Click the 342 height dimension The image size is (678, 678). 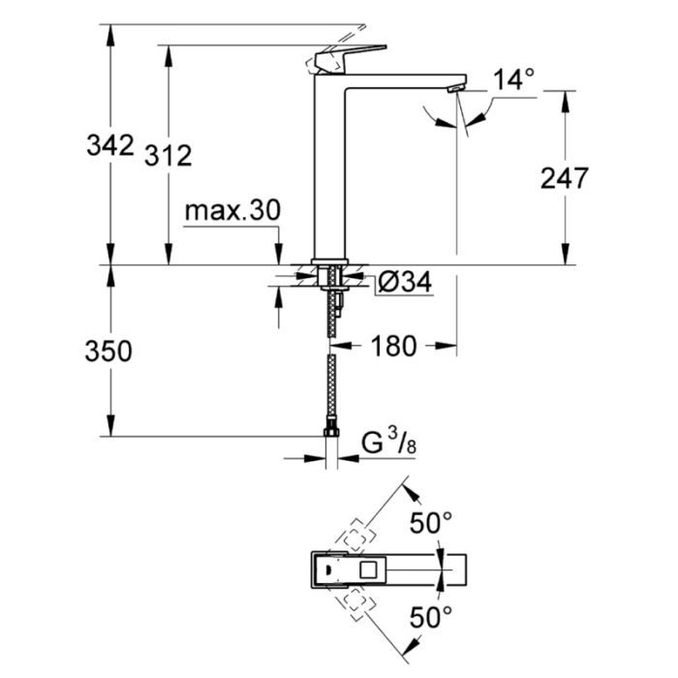click(109, 145)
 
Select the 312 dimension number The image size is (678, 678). click(169, 153)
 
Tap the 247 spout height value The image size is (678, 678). click(566, 177)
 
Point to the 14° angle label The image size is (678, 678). click(513, 80)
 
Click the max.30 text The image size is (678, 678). click(231, 210)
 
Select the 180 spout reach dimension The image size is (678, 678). click(393, 346)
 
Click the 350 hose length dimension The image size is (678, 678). click(109, 351)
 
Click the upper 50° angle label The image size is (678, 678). click(430, 524)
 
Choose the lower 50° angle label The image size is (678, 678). click(430, 615)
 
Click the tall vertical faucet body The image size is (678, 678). click(332, 174)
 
